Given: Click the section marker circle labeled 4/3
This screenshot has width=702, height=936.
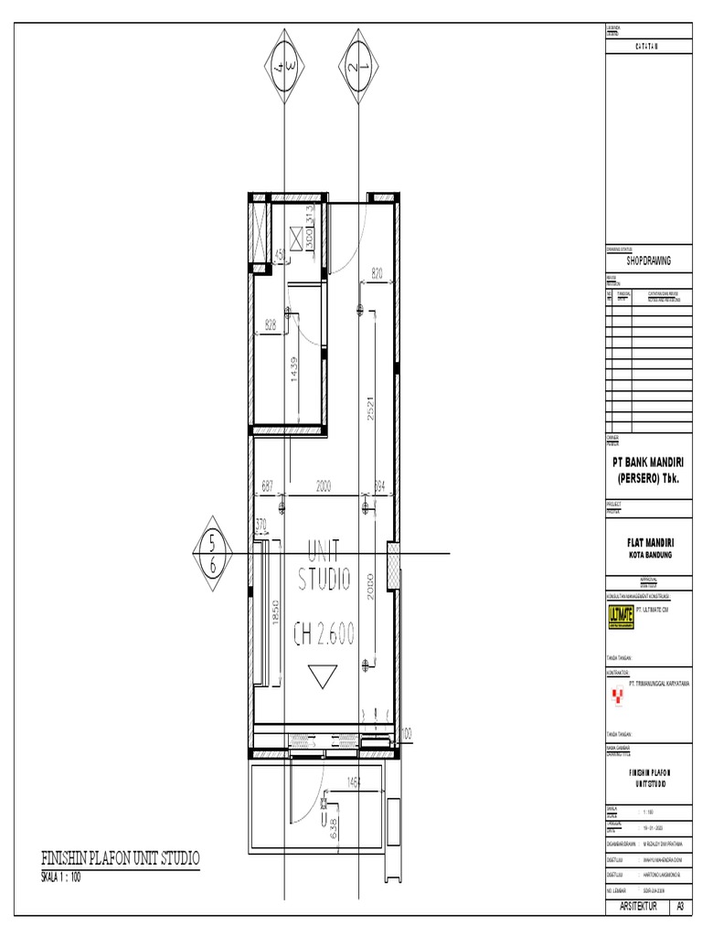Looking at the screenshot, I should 285,67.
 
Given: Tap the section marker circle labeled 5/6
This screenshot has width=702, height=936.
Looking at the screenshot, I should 213,555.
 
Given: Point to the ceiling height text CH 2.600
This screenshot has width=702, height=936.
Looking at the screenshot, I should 324,633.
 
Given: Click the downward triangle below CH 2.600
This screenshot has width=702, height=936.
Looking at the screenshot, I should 323,677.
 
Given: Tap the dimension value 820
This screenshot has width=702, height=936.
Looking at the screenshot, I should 378,272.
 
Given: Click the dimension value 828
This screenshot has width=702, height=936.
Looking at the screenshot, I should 271,324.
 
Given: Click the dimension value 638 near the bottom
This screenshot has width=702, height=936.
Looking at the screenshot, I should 334,827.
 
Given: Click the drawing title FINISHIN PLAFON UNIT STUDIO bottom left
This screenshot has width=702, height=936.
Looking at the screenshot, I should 120,858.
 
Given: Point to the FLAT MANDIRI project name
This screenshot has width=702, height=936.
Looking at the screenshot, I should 649,543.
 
